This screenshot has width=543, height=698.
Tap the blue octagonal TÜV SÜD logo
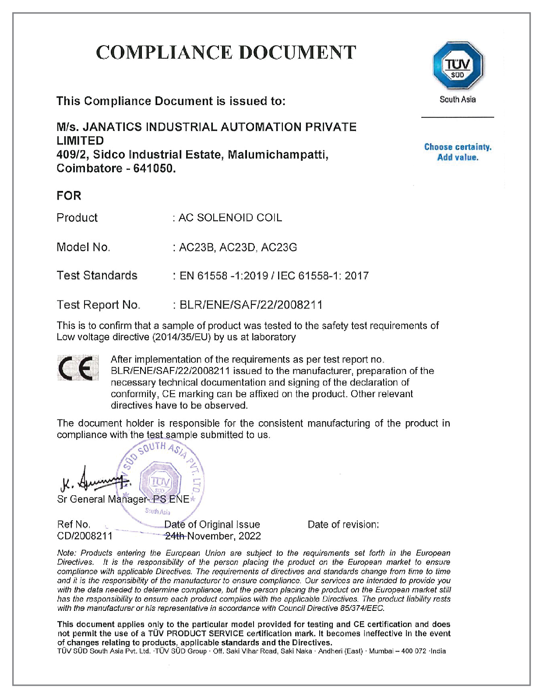click(x=457, y=66)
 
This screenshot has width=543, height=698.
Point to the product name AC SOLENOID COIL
click(x=230, y=218)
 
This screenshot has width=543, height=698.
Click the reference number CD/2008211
click(x=85, y=536)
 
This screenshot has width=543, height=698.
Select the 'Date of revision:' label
click(x=343, y=525)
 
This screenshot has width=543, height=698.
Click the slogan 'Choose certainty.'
click(x=458, y=147)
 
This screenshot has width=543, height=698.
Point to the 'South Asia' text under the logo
click(x=457, y=99)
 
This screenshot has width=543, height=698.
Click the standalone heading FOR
click(x=69, y=196)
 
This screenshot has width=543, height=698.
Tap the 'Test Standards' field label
click(x=97, y=275)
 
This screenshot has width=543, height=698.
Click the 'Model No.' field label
click(x=83, y=247)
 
